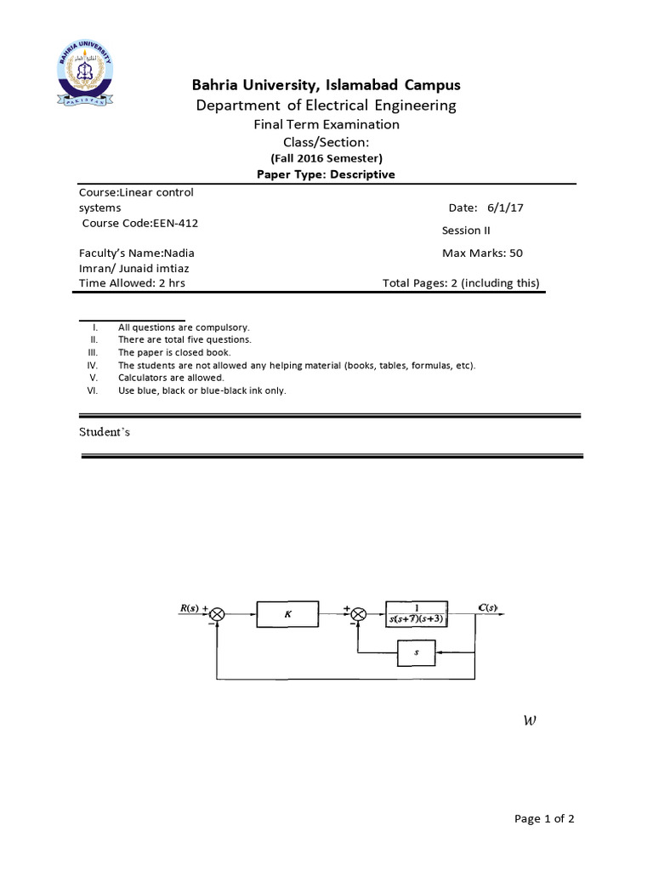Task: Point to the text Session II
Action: point(466,230)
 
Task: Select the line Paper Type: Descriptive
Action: point(326,174)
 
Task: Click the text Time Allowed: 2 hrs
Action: point(132,283)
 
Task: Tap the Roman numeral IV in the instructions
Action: point(94,365)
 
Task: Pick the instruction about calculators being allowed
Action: point(171,378)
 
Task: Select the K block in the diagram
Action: point(287,612)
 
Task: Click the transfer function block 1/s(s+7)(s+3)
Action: point(417,612)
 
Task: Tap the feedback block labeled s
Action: point(417,653)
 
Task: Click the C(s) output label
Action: point(488,607)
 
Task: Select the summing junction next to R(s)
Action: point(219,613)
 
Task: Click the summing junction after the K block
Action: point(358,613)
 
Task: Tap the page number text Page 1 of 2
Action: point(545,819)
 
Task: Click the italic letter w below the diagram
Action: point(531,721)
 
